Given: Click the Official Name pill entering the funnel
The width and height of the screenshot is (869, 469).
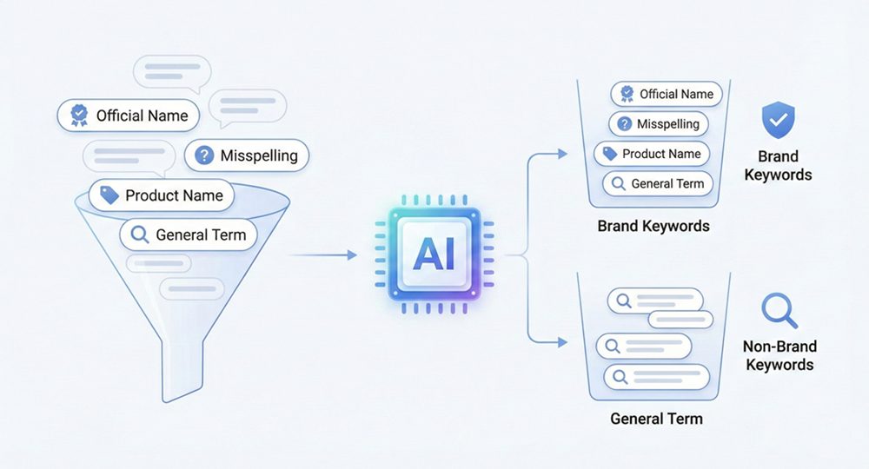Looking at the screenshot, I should pyautogui.click(x=129, y=115).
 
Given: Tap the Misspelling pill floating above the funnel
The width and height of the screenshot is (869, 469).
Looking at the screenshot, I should pyautogui.click(x=248, y=155).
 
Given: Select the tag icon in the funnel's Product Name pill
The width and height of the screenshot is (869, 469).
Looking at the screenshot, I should pyautogui.click(x=109, y=195).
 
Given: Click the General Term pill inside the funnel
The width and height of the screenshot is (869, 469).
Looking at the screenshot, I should pyautogui.click(x=189, y=234).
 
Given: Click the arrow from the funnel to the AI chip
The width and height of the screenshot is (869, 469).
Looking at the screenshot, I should pyautogui.click(x=322, y=254).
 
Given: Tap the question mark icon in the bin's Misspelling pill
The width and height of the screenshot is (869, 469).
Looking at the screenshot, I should pyautogui.click(x=624, y=124).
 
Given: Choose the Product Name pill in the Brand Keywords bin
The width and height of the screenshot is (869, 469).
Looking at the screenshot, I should pyautogui.click(x=651, y=154).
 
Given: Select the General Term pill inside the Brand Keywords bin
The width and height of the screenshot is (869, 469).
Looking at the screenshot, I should pyautogui.click(x=658, y=183).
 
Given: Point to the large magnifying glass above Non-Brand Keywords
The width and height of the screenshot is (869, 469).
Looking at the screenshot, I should pyautogui.click(x=777, y=310).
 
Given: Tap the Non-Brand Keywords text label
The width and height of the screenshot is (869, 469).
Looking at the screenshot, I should pyautogui.click(x=779, y=354).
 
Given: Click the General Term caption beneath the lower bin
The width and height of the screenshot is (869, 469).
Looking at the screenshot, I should pyautogui.click(x=656, y=419).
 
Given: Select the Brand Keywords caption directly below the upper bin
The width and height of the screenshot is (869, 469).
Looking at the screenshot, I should pyautogui.click(x=653, y=226).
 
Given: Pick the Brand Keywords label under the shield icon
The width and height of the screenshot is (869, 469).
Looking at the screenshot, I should pyautogui.click(x=779, y=165).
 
